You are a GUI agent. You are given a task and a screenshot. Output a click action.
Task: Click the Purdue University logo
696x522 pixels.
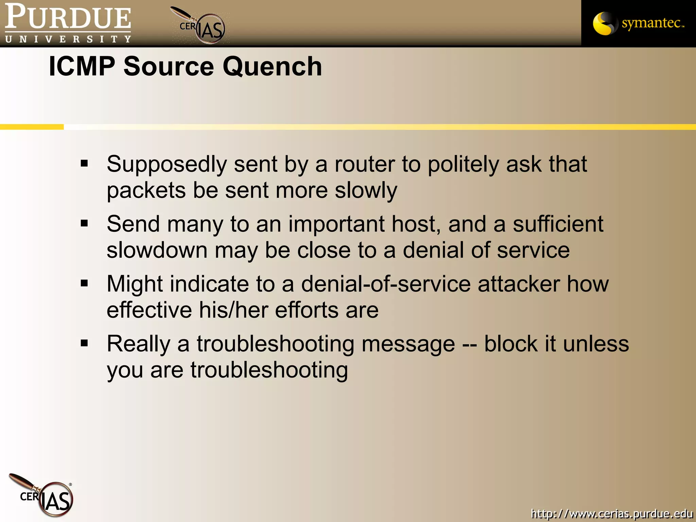point(68,23)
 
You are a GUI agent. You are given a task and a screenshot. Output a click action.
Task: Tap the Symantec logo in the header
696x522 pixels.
point(638,23)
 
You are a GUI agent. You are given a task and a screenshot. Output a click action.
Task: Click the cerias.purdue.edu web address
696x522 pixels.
point(612,513)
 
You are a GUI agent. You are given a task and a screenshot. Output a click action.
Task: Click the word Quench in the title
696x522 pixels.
point(272,66)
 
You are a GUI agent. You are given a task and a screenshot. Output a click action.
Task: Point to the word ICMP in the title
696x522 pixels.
point(82,66)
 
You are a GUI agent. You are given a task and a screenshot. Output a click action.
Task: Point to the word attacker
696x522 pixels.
point(519,284)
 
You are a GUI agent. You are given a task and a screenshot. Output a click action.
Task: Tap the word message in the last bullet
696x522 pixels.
point(408,344)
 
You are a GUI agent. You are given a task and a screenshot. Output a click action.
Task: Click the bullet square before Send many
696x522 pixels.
point(84,224)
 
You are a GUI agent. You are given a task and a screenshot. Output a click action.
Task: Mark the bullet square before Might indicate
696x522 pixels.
point(84,283)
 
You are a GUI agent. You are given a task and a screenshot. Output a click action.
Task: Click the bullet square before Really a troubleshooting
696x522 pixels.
point(84,343)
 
